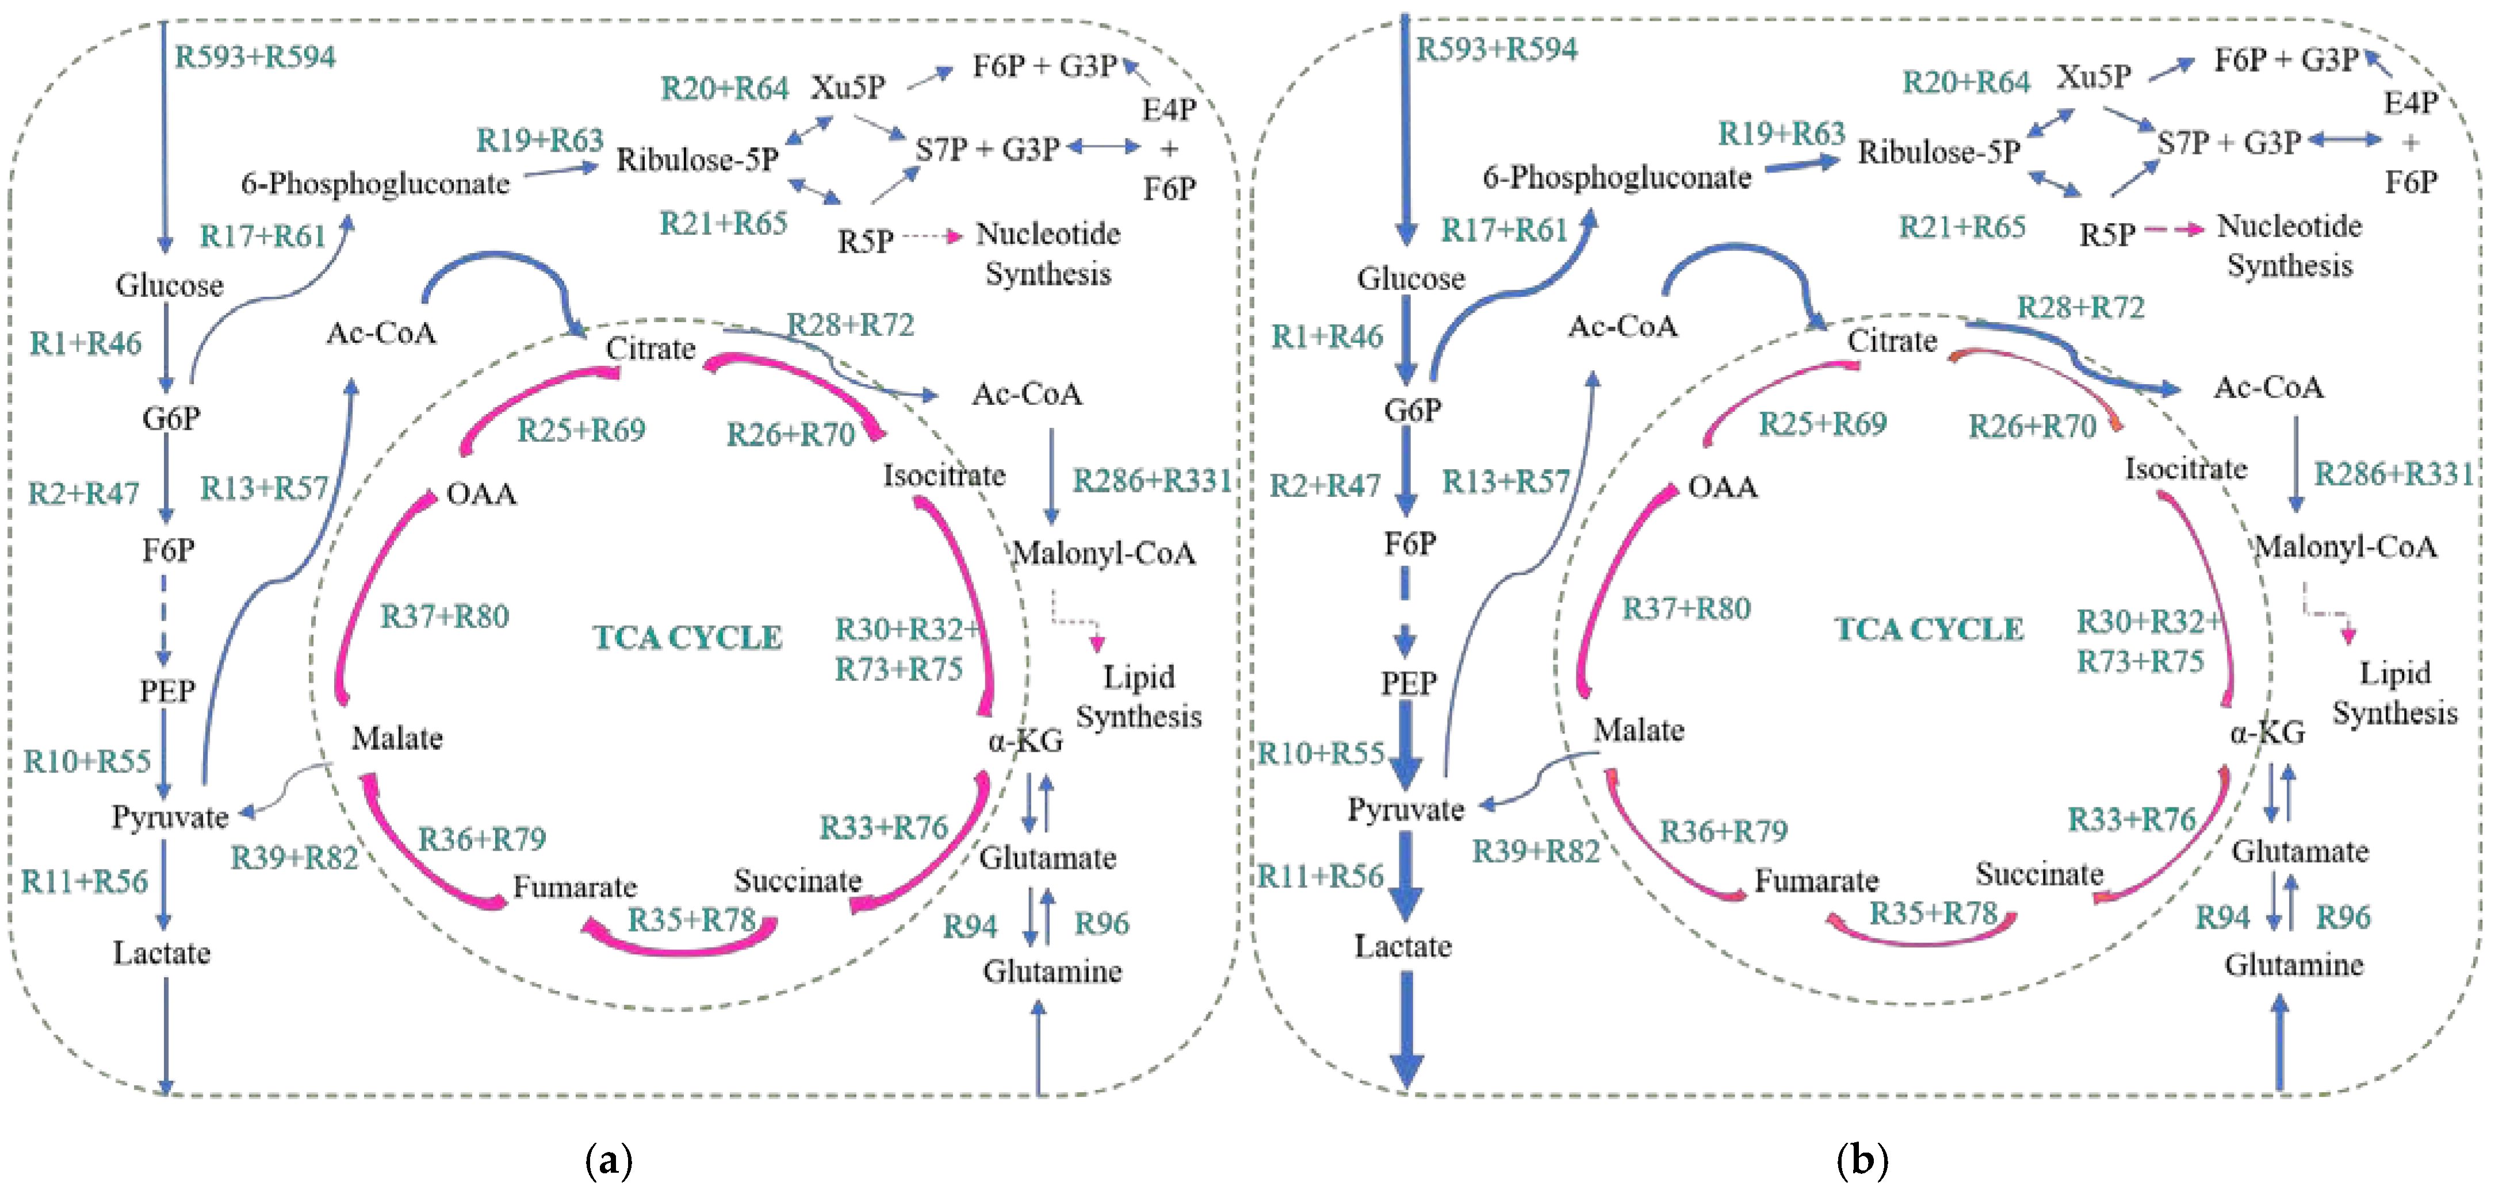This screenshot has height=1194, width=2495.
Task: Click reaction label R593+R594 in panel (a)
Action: coord(255,56)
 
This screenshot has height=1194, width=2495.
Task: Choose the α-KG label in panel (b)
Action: coord(2267,733)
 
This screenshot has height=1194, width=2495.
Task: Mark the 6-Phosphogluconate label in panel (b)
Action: coord(1617,177)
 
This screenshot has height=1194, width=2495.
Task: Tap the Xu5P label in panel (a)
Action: coord(848,87)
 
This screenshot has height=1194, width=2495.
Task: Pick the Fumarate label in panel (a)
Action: coord(575,886)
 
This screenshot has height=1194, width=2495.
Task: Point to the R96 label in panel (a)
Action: coord(1101,923)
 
